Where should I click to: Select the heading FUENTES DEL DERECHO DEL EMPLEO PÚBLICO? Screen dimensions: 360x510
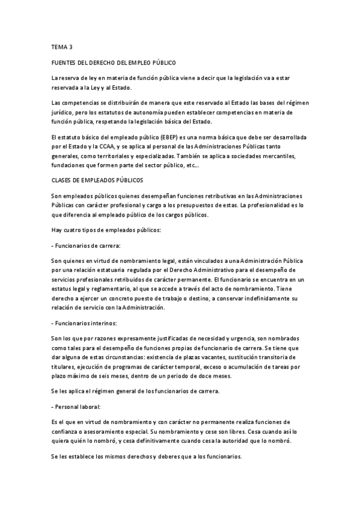click(114, 63)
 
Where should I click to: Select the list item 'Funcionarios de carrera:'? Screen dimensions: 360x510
click(87, 247)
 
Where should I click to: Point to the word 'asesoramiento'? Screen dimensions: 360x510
click(107, 431)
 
